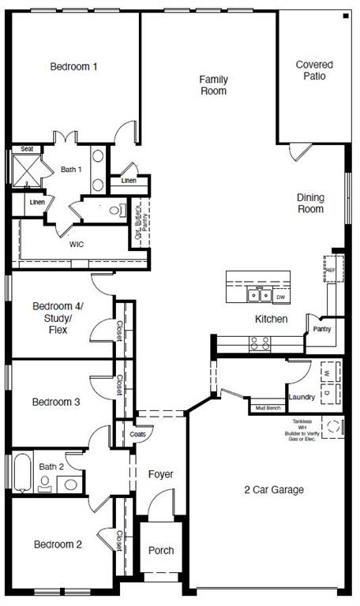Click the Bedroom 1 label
point(73,67)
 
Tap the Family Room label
point(213,85)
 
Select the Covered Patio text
point(313,70)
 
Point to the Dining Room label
point(310,204)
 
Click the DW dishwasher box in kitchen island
point(280,297)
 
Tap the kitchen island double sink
point(256,297)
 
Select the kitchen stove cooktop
point(260,343)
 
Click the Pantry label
point(321,328)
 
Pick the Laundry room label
point(302,397)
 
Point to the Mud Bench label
point(268,408)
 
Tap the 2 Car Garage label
point(273,490)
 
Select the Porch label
point(161,550)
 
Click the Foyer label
point(160,474)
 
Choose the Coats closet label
point(136,434)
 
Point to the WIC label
point(77,245)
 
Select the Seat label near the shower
point(27,148)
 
